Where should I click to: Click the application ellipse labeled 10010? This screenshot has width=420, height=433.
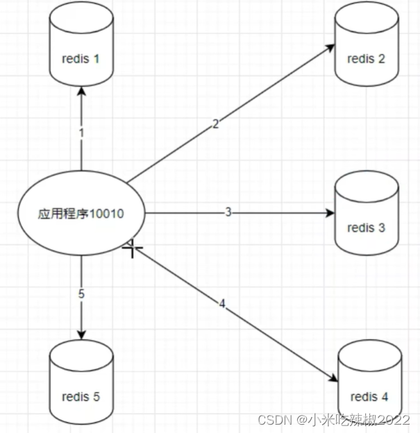pyautogui.click(x=81, y=214)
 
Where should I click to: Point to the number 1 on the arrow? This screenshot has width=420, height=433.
pyautogui.click(x=81, y=131)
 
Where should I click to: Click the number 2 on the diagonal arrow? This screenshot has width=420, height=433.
pyautogui.click(x=215, y=124)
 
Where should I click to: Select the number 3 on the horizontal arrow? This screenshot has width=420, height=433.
pyautogui.click(x=228, y=212)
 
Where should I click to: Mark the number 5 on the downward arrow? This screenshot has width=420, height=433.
pyautogui.click(x=81, y=294)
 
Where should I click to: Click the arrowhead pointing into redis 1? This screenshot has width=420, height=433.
pyautogui.click(x=81, y=92)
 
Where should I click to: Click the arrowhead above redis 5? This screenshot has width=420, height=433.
pyautogui.click(x=81, y=334)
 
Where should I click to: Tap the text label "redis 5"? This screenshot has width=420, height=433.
pyautogui.click(x=81, y=397)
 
